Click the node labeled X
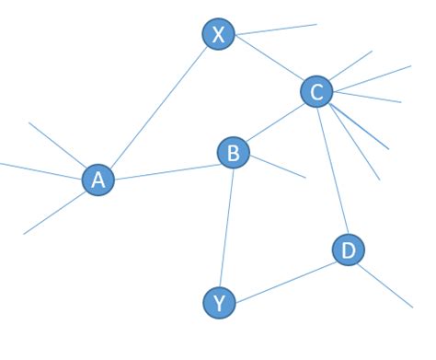tap(218, 35)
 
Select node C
tap(316, 91)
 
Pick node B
tap(233, 152)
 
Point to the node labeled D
tap(348, 250)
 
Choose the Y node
tap(218, 301)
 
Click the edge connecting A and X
tap(158, 107)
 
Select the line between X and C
tap(268, 64)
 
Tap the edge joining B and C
tap(274, 122)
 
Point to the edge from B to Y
tap(225, 226)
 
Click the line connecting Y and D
tap(283, 275)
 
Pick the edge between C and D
tap(332, 170)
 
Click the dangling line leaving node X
tap(276, 29)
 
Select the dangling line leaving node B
tap(277, 167)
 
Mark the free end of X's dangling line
tap(316, 24)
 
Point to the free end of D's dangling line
tap(413, 308)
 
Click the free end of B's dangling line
tap(305, 177)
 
